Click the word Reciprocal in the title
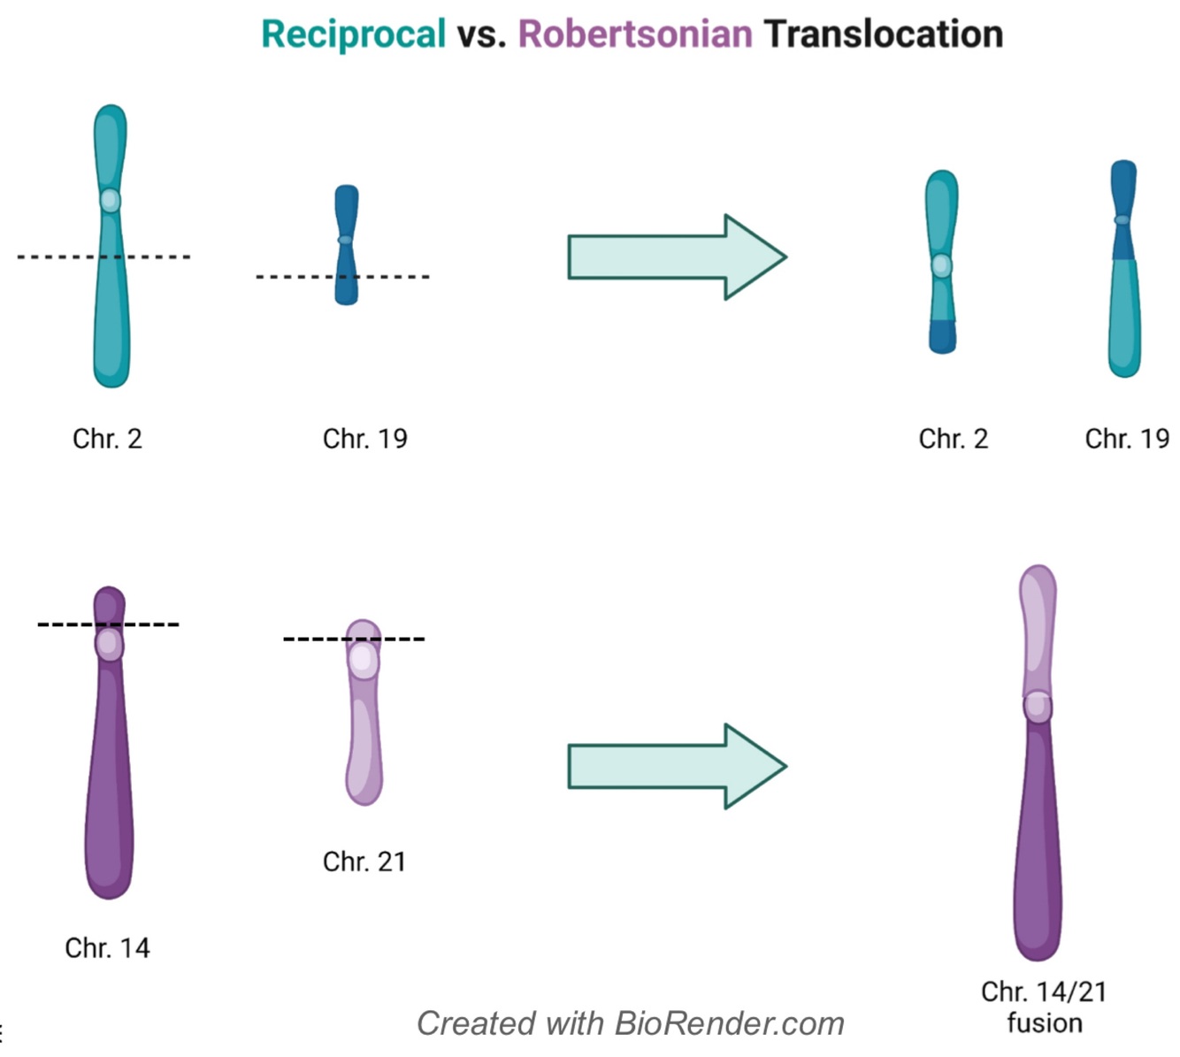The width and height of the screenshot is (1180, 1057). pos(353,35)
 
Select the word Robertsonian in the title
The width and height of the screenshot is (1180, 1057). pos(634,35)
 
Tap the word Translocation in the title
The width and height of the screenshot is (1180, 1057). pos(883,35)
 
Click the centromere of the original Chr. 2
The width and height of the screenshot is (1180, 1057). pos(110,200)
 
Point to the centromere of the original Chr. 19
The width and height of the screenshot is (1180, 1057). pos(346,240)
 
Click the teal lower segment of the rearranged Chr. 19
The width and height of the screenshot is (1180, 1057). pos(1124,318)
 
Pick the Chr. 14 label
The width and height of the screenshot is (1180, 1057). pos(107,948)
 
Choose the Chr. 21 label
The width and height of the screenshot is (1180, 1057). pos(364,862)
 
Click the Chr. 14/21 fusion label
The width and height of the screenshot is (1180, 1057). pos(1044,1007)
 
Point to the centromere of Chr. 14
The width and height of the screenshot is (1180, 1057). pos(109,644)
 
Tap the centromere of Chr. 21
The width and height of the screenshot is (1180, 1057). pos(362,660)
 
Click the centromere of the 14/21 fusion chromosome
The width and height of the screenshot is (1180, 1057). pos(1038,706)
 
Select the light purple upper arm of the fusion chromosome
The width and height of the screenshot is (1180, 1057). pos(1038,628)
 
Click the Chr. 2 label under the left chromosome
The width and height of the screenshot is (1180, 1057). pos(107,439)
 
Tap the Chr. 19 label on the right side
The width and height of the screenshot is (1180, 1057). pos(1127,439)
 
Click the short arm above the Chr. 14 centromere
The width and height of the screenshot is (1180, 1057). pos(109,605)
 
